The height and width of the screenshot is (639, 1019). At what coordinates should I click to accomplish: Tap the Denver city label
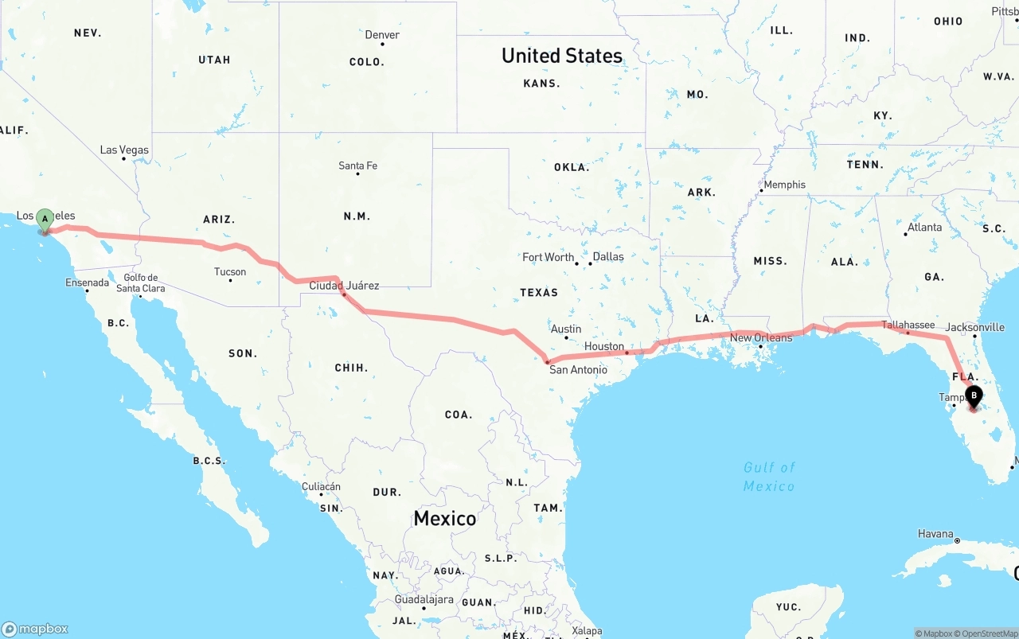tap(382, 35)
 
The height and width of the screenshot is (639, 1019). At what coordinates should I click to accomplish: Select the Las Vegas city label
tap(124, 150)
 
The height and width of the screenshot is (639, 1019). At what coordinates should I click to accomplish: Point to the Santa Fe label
tap(357, 166)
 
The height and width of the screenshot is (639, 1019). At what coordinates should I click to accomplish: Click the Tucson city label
tap(230, 271)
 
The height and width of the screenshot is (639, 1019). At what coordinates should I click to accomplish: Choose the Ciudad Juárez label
tap(344, 285)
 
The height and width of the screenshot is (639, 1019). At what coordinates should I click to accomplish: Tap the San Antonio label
tap(578, 369)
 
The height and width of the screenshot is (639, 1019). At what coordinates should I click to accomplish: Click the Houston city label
tap(604, 346)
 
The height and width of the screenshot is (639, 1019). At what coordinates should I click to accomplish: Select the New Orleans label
tap(761, 337)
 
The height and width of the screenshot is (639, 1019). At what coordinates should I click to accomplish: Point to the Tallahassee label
tap(908, 325)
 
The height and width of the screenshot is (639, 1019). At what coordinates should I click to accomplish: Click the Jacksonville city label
tap(975, 327)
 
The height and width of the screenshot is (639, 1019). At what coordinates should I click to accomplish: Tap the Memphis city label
tap(784, 185)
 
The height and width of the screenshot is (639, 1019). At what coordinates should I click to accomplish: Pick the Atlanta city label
tap(924, 227)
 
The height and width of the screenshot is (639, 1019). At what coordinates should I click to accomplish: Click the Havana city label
tap(935, 533)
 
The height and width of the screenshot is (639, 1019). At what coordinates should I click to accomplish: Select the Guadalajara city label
tap(424, 600)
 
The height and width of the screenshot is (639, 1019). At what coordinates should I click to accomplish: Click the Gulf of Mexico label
tap(769, 476)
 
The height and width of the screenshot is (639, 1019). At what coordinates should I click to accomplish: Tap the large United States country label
tap(562, 56)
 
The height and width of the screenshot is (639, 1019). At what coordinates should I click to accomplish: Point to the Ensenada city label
tap(87, 282)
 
